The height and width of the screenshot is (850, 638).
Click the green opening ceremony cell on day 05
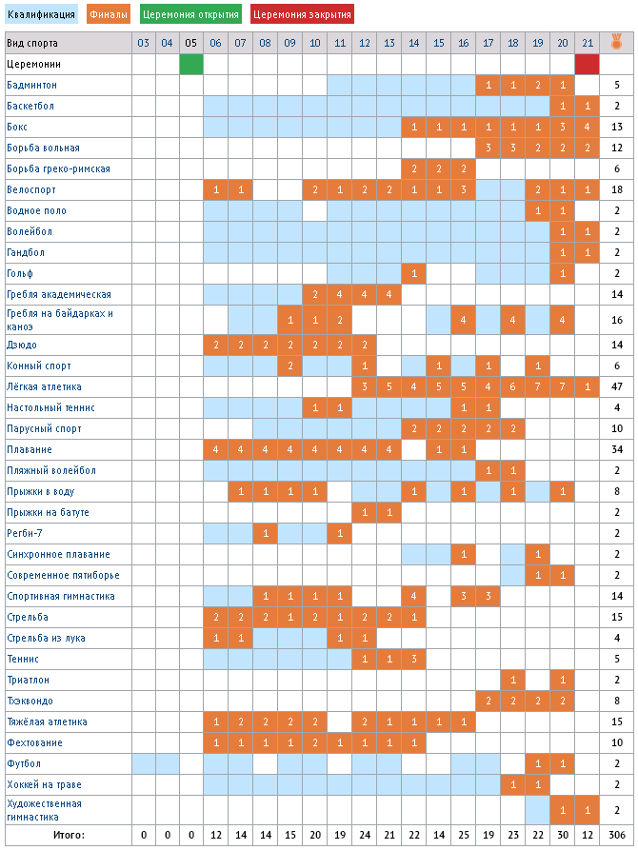pos(191,64)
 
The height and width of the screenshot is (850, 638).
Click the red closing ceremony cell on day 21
pos(587,64)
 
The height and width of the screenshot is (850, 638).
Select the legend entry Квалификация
pos(41,14)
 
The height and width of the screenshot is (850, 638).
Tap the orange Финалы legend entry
pos(109,14)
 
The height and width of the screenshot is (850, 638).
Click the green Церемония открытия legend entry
pos(191,14)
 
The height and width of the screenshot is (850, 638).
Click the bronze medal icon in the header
pos(617,42)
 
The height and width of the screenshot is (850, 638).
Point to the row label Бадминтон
pos(31,85)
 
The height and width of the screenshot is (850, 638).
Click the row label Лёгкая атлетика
pos(44,386)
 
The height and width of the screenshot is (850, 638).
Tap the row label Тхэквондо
pos(30,701)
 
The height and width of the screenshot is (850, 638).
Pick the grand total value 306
pos(617,835)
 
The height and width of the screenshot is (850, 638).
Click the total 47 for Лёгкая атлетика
pos(617,386)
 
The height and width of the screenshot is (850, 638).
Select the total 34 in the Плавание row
pos(617,449)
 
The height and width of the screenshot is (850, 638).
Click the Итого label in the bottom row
pos(68,835)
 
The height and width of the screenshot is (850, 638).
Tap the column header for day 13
pos(389,43)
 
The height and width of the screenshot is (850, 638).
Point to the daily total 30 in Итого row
pos(562,835)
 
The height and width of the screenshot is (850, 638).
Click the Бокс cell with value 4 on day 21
pos(587,127)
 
